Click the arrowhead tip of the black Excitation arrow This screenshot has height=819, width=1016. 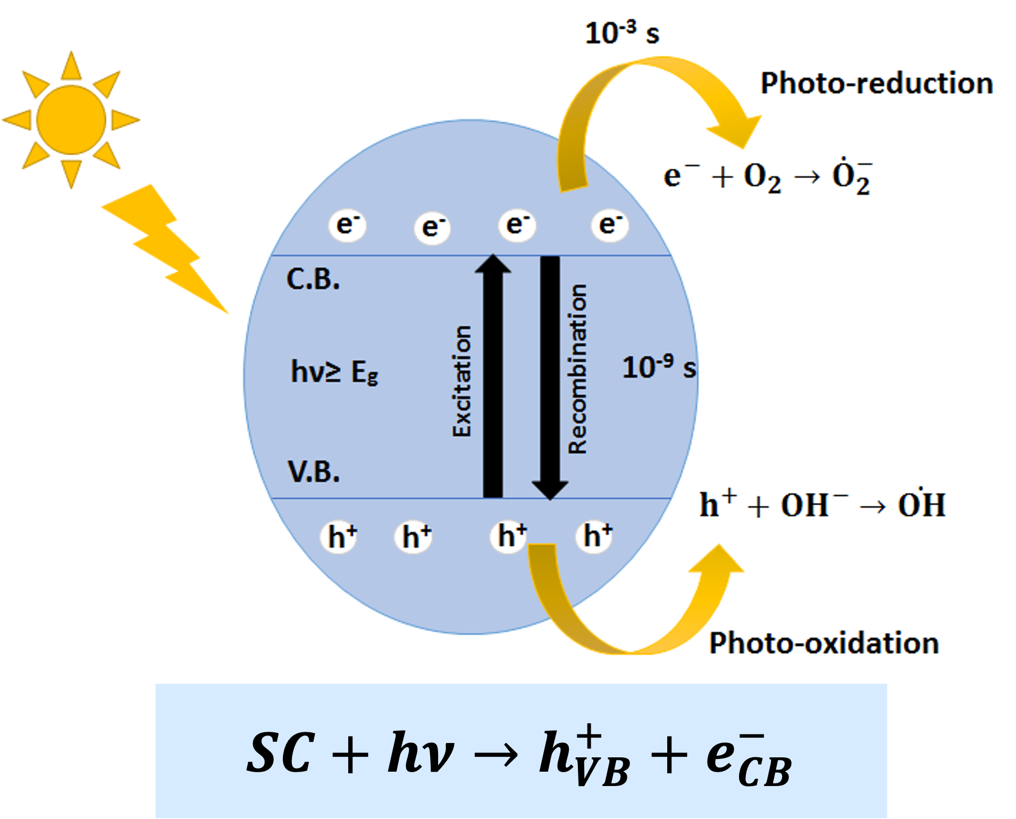click(x=493, y=255)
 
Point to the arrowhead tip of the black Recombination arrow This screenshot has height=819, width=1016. click(x=550, y=500)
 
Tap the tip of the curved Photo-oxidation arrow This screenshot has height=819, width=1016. click(x=720, y=545)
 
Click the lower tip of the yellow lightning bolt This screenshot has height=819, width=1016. click(x=229, y=314)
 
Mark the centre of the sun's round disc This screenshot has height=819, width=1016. click(x=71, y=120)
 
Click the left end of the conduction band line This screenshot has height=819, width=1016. click(x=271, y=256)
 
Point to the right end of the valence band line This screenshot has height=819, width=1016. click(x=672, y=498)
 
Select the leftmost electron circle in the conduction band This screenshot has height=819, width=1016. click(x=347, y=225)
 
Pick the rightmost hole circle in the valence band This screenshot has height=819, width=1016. click(x=595, y=536)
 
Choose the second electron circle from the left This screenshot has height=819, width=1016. click(x=432, y=228)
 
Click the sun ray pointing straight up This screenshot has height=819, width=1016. click(x=71, y=66)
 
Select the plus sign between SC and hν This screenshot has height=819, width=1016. click(x=349, y=754)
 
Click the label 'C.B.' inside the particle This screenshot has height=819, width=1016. click(x=313, y=279)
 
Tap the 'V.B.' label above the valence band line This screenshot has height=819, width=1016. click(x=314, y=471)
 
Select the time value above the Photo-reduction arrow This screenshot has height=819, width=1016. click(x=622, y=32)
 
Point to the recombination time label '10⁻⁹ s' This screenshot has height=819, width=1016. click(x=659, y=367)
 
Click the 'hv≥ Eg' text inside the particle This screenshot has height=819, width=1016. click(x=334, y=372)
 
